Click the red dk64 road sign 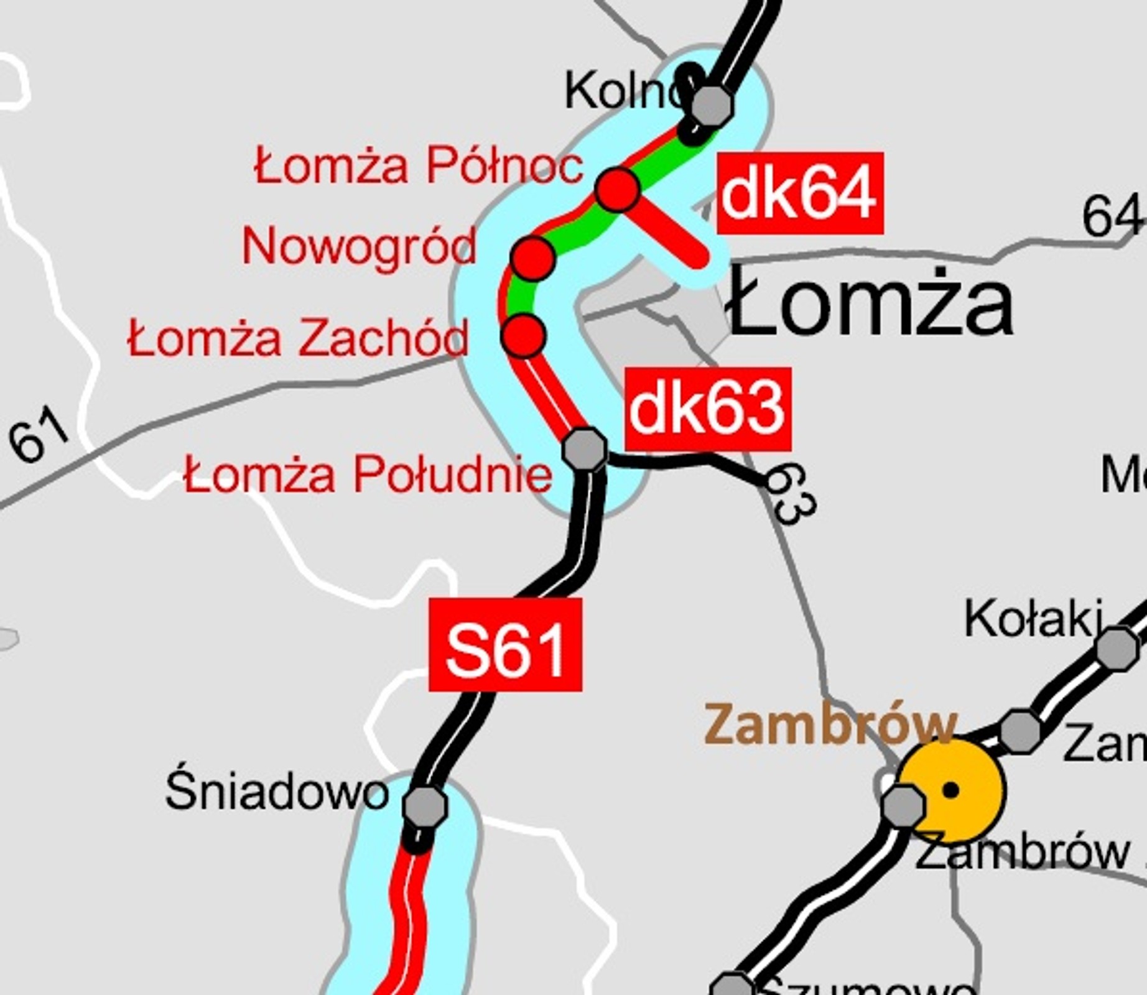point(800,193)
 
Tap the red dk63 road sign point(708,409)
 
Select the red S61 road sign point(505,645)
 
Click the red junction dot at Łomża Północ point(618,189)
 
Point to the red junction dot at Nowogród point(533,257)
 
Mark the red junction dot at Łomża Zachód point(524,335)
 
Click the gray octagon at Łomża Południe point(584,449)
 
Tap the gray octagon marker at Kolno point(712,106)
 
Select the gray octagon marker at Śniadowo point(425,806)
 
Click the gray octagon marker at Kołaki point(1117,649)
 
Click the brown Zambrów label point(830,725)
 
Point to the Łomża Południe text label point(368,475)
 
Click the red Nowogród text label point(360,246)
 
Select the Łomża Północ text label point(419,166)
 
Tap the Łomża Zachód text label point(297,338)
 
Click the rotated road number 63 point(792,494)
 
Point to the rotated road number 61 point(39,434)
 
